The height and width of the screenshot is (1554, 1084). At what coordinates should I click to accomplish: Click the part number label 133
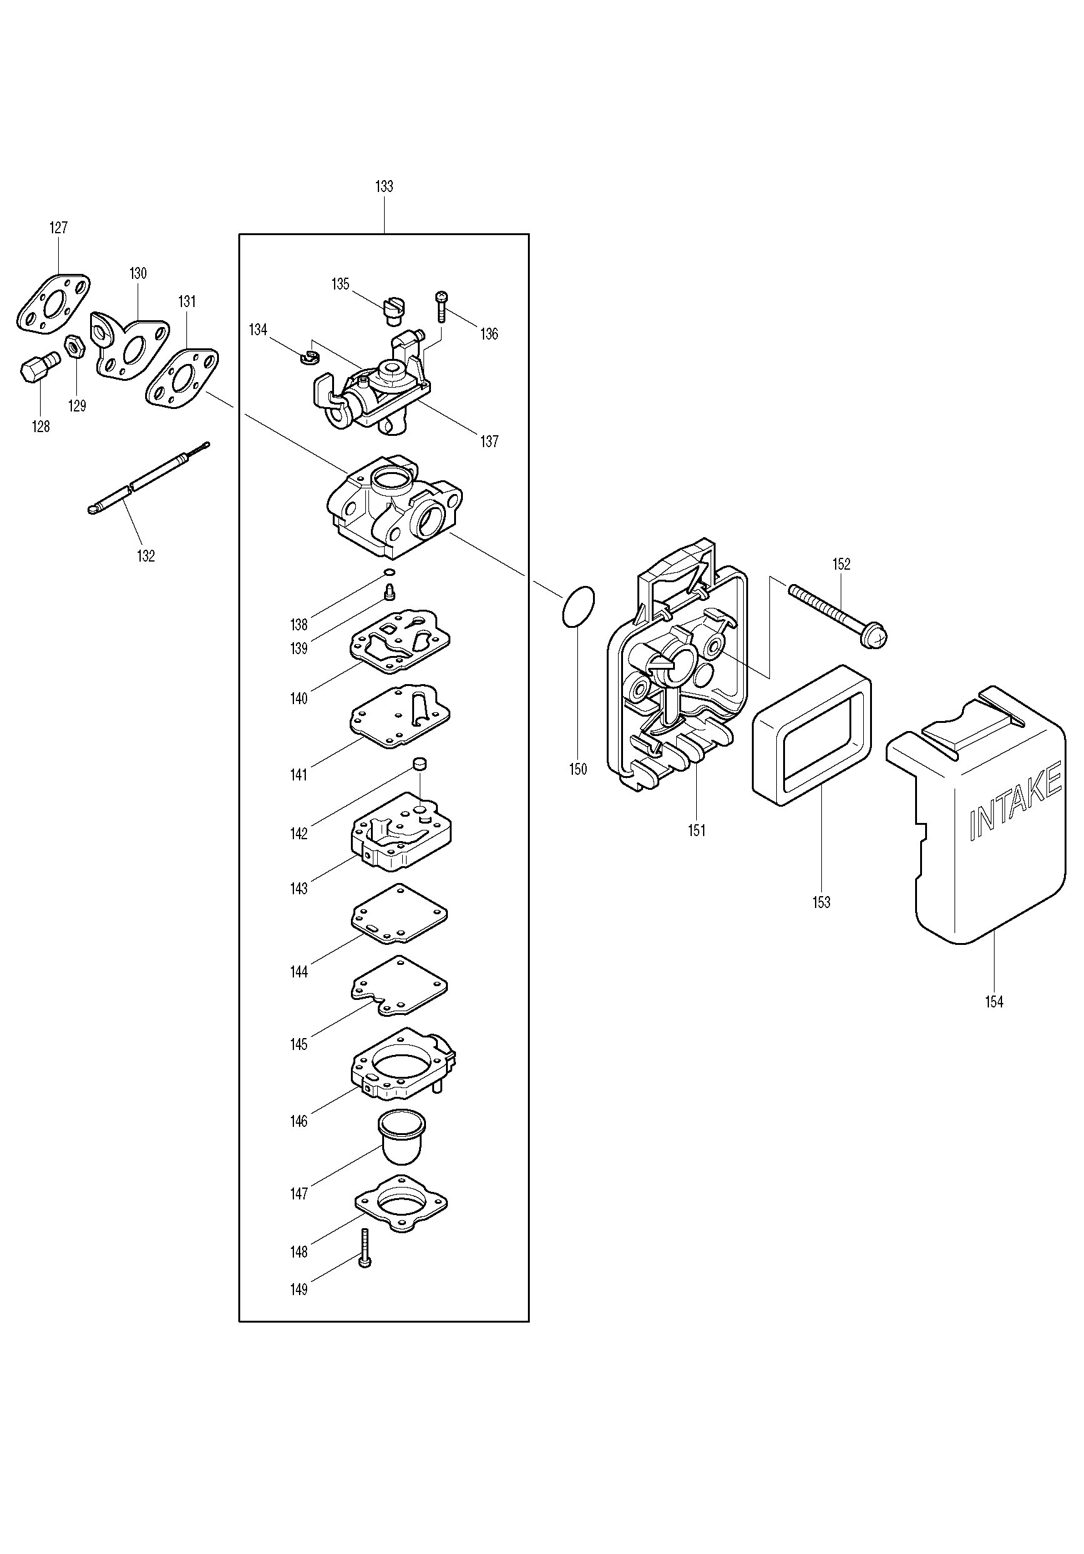[384, 186]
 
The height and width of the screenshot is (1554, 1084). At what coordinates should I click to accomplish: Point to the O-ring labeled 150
[577, 606]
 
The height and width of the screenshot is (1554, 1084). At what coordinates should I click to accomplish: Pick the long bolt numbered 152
[838, 614]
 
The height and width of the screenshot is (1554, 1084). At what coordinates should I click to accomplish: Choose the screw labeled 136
[441, 306]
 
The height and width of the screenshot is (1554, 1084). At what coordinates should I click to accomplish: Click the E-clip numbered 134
[310, 356]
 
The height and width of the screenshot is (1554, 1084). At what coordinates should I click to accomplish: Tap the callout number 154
[994, 1002]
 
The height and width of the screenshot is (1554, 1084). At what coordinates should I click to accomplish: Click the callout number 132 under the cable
[146, 556]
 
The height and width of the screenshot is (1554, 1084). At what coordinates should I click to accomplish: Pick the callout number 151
[697, 830]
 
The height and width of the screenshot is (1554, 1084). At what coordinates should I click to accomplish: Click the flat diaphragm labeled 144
[400, 913]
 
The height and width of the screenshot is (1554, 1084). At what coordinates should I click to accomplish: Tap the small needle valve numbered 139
[389, 593]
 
